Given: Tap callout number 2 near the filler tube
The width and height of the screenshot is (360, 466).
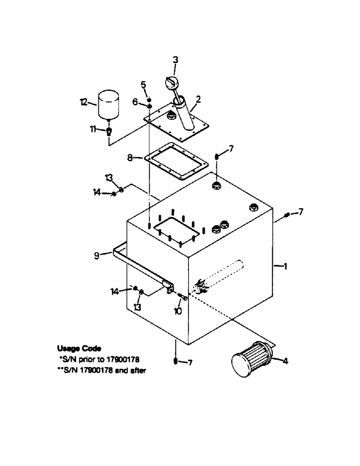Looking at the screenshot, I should coord(198,99).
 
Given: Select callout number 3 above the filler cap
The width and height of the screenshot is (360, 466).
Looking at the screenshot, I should coord(175,60).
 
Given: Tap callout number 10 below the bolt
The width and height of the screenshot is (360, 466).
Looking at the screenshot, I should coord(178,311).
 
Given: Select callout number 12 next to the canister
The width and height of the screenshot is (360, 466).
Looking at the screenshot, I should coord(84,103).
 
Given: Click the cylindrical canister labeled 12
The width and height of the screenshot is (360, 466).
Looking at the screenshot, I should coord(108,105).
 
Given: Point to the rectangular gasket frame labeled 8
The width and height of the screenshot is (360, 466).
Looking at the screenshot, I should coord(174,164).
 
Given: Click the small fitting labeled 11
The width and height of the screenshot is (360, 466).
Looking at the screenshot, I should coord(109,131).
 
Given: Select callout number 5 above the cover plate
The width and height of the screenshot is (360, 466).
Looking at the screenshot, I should coord(144,84).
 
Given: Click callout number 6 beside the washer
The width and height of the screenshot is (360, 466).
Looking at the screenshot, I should coord(135,102).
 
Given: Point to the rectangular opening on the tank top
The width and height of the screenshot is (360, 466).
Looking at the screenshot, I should coord(174,232).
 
